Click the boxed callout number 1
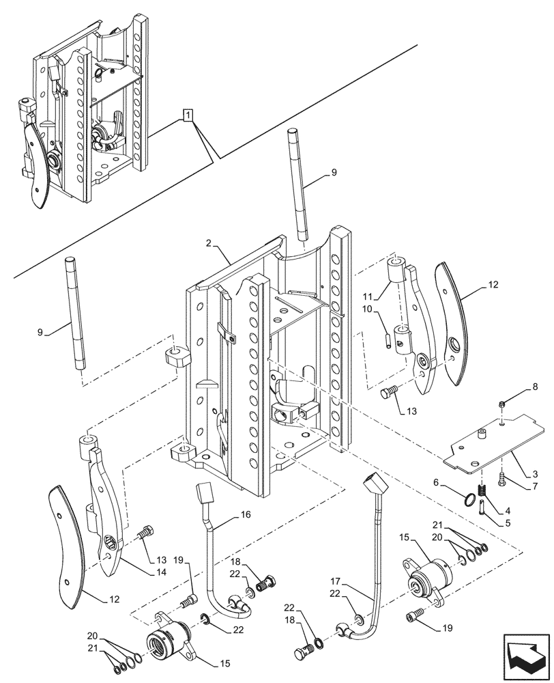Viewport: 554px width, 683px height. pyautogui.click(x=187, y=115)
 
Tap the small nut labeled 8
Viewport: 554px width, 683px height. pyautogui.click(x=501, y=405)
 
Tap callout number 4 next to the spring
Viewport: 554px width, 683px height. pyautogui.click(x=507, y=510)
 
